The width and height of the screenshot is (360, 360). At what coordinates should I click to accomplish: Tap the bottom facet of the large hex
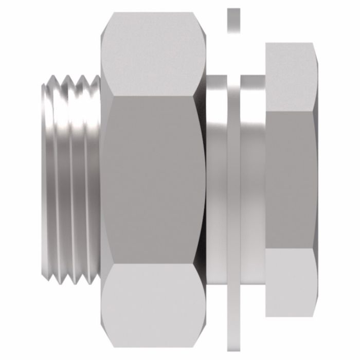(149, 303)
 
